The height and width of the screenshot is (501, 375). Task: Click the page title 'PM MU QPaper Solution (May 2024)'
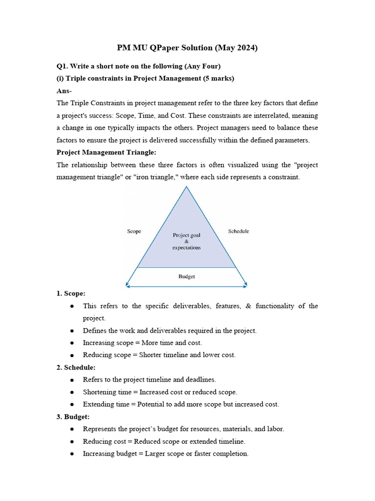[x=187, y=47]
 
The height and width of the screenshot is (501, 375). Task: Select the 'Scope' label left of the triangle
[x=134, y=231]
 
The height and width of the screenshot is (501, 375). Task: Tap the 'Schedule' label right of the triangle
[x=238, y=231]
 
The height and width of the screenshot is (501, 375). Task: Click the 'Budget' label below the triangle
[x=187, y=276]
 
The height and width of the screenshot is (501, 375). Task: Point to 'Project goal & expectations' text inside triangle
[x=187, y=241]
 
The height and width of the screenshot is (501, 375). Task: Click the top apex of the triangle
[x=187, y=187]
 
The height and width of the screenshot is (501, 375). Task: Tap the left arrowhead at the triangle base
[x=127, y=285]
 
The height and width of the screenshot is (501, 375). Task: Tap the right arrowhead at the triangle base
[x=246, y=285]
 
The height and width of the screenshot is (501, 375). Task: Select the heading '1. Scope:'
[x=71, y=294]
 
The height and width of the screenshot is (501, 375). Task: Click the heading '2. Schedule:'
[x=76, y=367]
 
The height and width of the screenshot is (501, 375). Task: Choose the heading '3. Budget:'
[x=73, y=417]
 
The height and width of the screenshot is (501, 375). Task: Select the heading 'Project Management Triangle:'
[x=106, y=152]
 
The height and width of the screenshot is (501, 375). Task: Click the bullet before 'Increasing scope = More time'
[x=72, y=343]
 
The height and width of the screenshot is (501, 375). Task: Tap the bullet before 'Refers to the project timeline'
[x=72, y=380]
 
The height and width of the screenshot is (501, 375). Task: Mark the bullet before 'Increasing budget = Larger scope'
[x=72, y=454]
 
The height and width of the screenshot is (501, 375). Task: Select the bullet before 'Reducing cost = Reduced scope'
[x=72, y=442]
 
